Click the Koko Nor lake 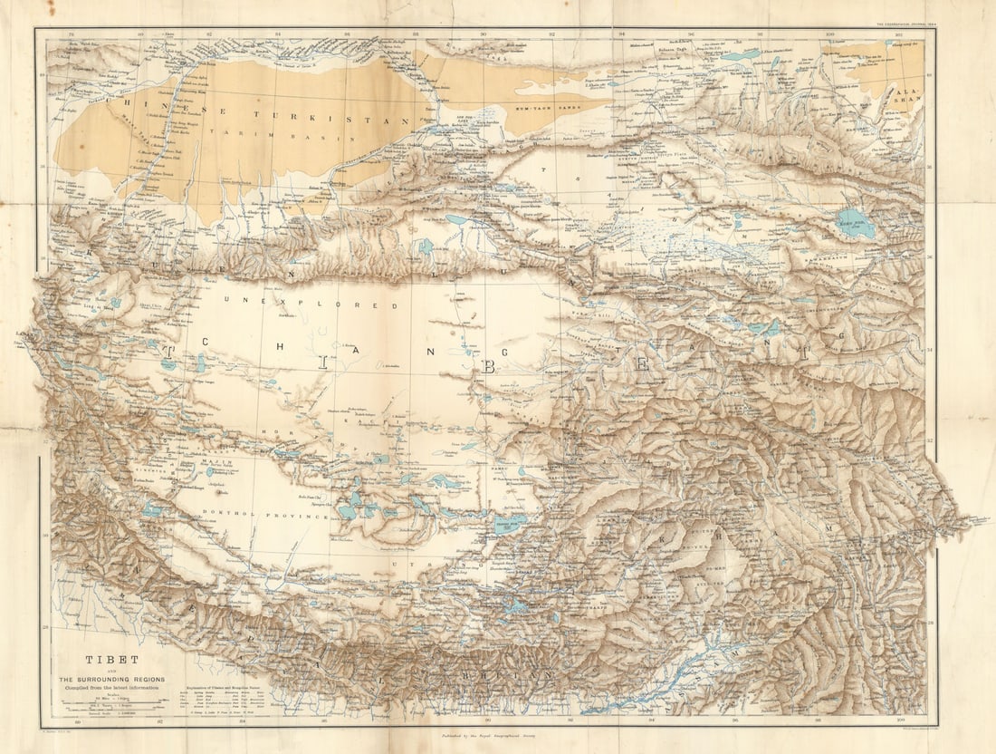856,223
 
